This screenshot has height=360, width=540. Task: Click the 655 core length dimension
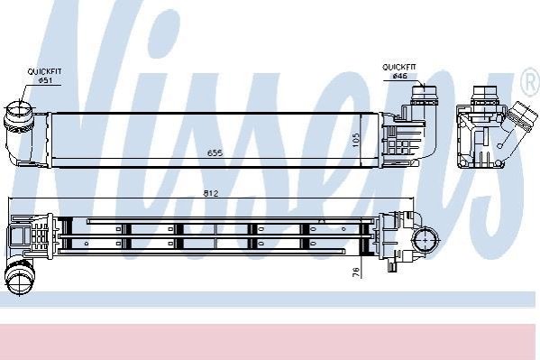tap(215, 152)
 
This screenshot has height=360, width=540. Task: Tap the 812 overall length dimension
tap(211, 193)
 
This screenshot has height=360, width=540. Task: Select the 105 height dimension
tap(356, 141)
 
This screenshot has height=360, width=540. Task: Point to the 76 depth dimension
tap(356, 272)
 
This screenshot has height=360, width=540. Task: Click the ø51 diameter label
tap(45, 80)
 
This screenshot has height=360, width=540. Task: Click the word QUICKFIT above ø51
tap(44, 71)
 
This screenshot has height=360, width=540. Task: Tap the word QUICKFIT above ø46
tap(399, 67)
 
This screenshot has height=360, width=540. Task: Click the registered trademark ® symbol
tap(531, 82)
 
